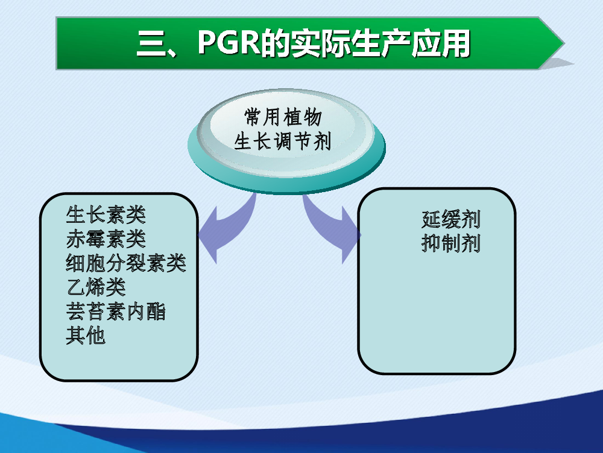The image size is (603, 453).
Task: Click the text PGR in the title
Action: click(229, 42)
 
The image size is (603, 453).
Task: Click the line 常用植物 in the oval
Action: click(283, 117)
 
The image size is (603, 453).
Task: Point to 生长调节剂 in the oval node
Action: click(283, 141)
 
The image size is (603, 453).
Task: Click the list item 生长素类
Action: click(106, 214)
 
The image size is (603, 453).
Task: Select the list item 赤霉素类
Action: click(106, 239)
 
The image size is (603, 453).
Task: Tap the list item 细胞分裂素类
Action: click(126, 263)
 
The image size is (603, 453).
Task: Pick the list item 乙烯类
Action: click(96, 288)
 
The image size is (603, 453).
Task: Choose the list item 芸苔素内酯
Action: click(116, 312)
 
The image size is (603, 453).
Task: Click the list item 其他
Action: click(86, 335)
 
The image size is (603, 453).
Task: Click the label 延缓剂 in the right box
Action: click(450, 220)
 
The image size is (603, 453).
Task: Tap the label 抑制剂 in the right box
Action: click(450, 244)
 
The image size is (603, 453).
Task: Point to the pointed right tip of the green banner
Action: click(564, 43)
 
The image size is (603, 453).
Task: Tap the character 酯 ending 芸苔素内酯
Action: click(156, 312)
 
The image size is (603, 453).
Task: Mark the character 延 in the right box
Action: click(431, 220)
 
